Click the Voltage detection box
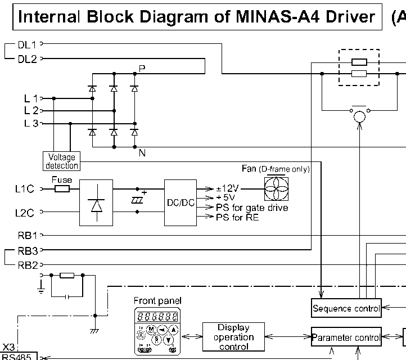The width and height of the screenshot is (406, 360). click(61, 161)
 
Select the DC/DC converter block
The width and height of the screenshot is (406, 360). click(181, 203)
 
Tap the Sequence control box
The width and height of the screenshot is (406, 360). click(346, 308)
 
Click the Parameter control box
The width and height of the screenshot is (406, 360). click(346, 337)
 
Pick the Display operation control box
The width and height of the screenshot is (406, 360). click(233, 337)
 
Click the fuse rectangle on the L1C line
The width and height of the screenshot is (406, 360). click(61, 189)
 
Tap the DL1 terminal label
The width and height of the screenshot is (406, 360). click(26, 44)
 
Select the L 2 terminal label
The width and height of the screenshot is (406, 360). click(31, 111)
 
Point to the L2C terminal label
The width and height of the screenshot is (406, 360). click(25, 213)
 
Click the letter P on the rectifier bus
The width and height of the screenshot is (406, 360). click(142, 68)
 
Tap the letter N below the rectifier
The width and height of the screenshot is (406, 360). click(142, 151)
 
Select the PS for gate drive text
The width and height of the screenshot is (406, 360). click(252, 208)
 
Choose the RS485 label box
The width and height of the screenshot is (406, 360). click(18, 356)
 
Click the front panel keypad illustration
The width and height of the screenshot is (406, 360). click(156, 331)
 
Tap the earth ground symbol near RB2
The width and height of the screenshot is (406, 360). click(40, 290)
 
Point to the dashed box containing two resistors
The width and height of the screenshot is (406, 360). click(359, 67)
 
